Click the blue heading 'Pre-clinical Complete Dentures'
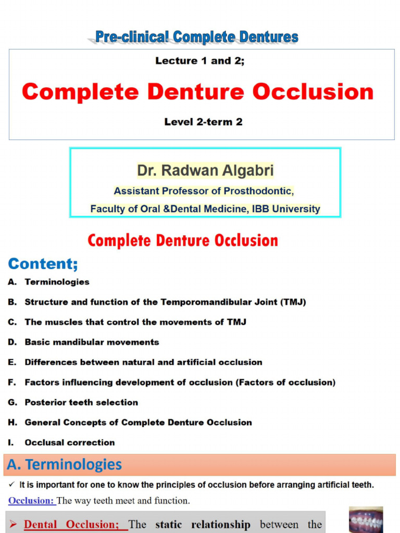pyautogui.click(x=197, y=37)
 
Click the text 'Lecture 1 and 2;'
pyautogui.click(x=199, y=61)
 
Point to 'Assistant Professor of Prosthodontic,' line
pyautogui.click(x=204, y=191)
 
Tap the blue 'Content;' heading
pyautogui.click(x=43, y=264)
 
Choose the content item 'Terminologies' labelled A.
pyautogui.click(x=57, y=282)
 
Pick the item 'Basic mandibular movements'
pyautogui.click(x=92, y=342)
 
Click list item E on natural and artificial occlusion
pyautogui.click(x=143, y=362)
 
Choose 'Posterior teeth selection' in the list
pyautogui.click(x=81, y=402)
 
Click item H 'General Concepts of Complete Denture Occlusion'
pyautogui.click(x=138, y=423)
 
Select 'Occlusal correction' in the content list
pyautogui.click(x=70, y=442)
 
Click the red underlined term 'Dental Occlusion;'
pyautogui.click(x=76, y=524)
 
